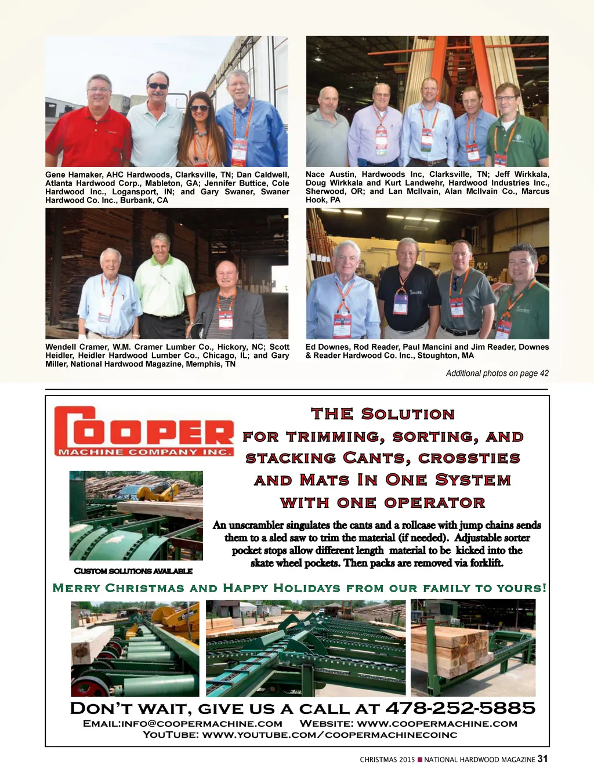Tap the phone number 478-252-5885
click(460, 708)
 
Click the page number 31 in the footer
click(542, 759)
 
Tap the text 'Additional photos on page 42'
click(497, 373)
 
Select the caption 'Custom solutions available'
click(133, 571)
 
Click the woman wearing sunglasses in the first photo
click(199, 130)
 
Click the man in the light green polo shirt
click(164, 278)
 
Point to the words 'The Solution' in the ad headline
click(383, 414)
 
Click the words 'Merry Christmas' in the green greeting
click(119, 588)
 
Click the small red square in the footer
click(419, 759)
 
